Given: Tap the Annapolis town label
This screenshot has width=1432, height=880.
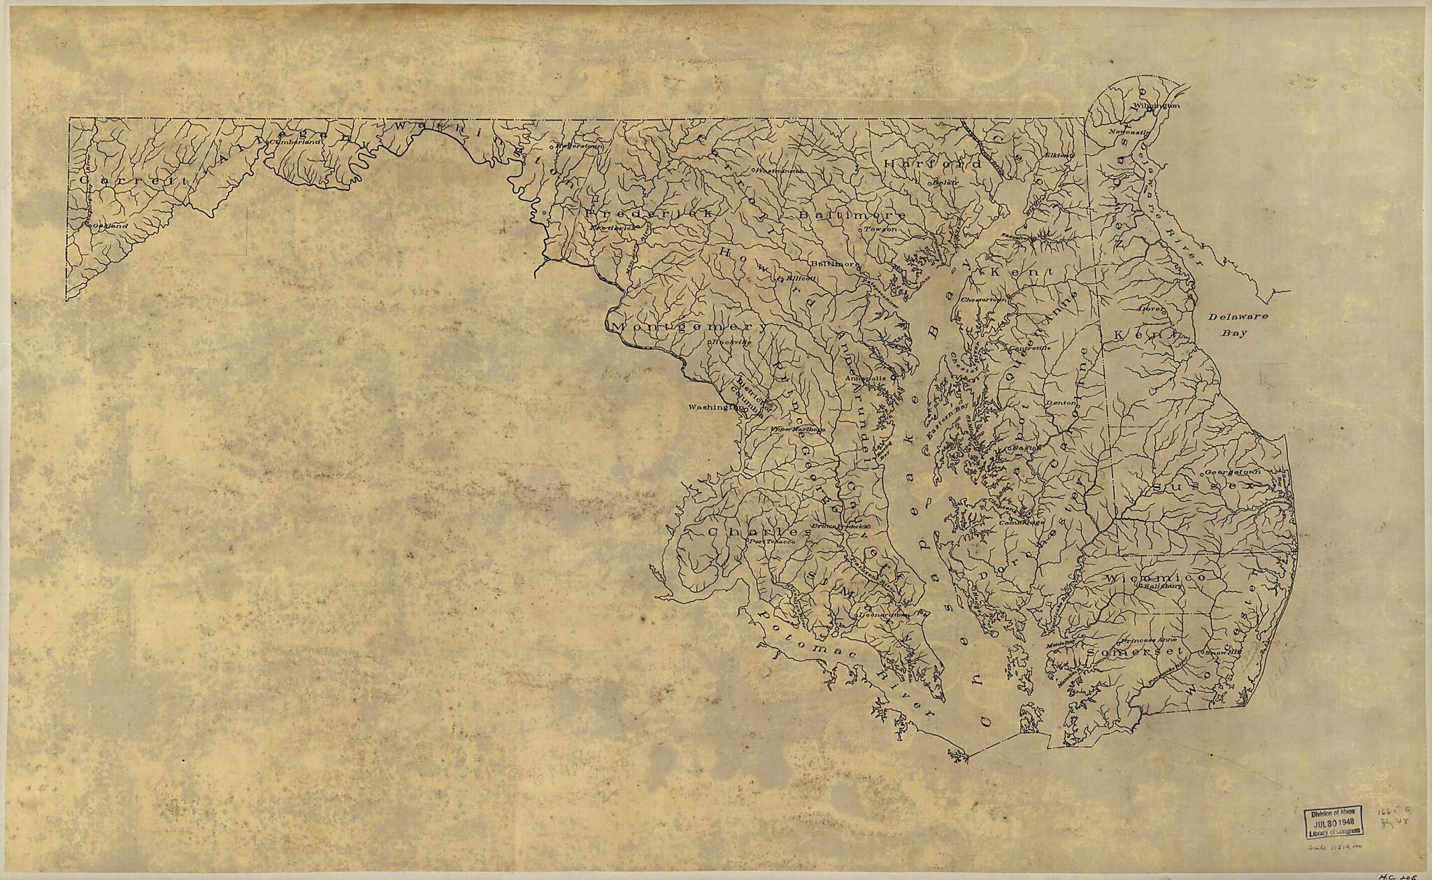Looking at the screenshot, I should [x=866, y=378].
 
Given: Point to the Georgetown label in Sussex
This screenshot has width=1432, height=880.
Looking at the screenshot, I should [x=1212, y=472].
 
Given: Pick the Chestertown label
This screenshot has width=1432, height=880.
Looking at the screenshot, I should [x=984, y=299].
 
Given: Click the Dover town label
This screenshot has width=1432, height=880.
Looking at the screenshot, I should [x=1150, y=307].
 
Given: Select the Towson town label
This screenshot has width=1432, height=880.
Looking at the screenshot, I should [x=880, y=229].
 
